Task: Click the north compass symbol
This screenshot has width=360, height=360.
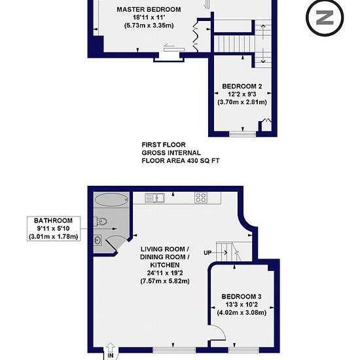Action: point(325,18)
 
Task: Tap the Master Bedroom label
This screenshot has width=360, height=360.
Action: point(149,10)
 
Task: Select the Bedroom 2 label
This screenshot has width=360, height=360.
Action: point(242,86)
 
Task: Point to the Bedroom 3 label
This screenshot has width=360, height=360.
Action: point(242,297)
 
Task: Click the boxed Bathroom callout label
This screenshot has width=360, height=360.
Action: point(54,228)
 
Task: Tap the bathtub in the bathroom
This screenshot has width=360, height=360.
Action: point(111,200)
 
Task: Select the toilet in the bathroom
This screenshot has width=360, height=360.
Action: point(101,221)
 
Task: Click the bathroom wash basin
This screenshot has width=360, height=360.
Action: point(98,240)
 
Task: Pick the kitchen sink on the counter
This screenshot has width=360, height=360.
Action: point(155,198)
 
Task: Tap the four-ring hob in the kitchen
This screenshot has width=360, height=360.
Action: point(201,198)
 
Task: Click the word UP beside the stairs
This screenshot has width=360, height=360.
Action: point(207,253)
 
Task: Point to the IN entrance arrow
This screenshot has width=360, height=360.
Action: point(111,348)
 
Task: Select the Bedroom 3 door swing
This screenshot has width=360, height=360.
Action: point(218,333)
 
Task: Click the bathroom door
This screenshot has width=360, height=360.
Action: point(114,243)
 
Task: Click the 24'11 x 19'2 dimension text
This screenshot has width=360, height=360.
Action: point(165,273)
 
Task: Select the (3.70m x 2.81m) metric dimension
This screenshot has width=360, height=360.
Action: point(242,102)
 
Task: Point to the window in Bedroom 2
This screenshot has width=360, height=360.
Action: point(242,134)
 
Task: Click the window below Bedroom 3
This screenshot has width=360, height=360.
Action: point(243,350)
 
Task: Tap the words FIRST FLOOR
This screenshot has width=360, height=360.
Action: point(164,145)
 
